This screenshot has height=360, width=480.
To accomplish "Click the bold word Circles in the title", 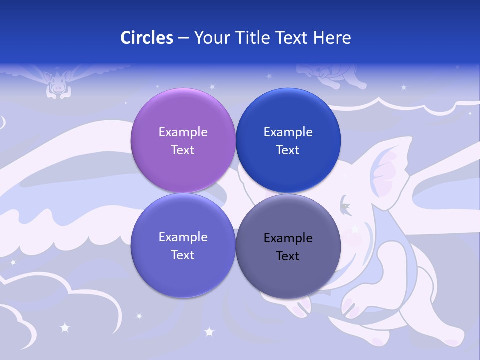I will click(x=147, y=38).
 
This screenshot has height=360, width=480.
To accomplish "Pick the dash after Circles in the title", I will click(x=183, y=38).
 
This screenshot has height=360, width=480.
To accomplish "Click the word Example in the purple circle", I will click(x=183, y=132).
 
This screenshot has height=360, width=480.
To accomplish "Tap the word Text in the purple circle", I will click(x=183, y=150).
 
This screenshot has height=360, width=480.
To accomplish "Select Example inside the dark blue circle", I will click(x=288, y=132).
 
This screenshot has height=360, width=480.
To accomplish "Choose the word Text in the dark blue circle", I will click(x=288, y=150).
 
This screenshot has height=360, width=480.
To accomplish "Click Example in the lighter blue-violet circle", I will click(x=183, y=237).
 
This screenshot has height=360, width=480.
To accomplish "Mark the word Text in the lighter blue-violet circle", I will click(x=183, y=255).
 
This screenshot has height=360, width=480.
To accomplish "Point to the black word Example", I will click(x=288, y=238).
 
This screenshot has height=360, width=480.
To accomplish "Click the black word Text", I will click(x=288, y=256).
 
